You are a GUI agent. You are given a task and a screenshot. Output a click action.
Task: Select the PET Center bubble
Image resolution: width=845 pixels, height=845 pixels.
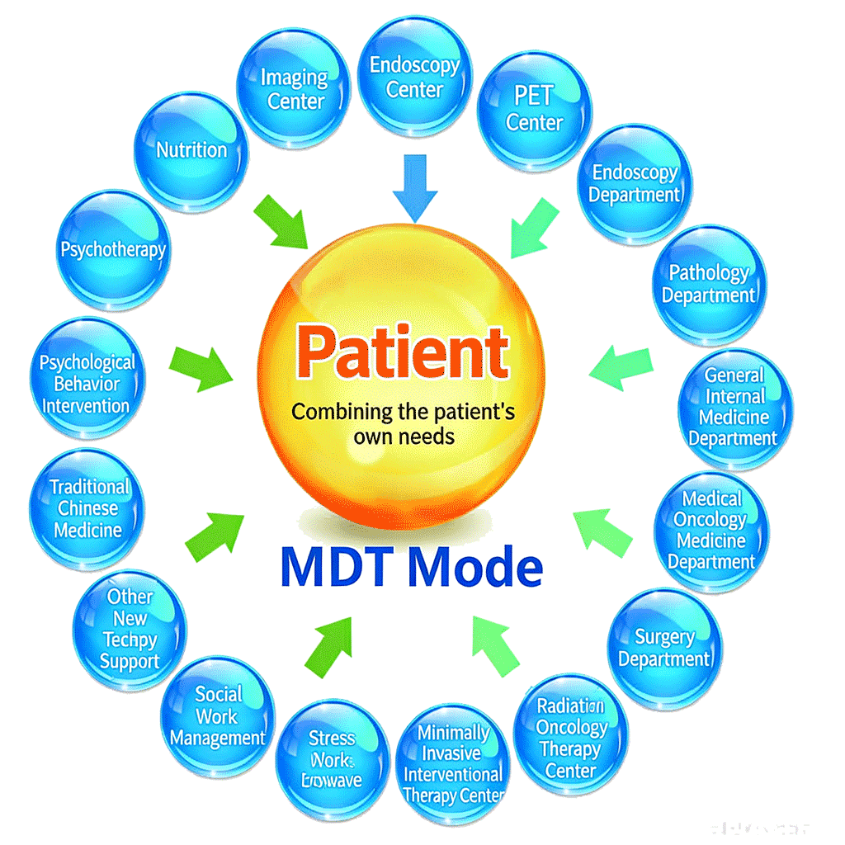[534, 109]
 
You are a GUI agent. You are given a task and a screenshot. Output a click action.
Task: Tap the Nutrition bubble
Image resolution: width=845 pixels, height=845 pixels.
[191, 150]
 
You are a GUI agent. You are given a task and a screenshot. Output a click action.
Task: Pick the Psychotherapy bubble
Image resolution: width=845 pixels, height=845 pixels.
[113, 249]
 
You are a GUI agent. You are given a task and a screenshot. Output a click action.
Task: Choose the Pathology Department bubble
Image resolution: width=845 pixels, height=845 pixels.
[709, 284]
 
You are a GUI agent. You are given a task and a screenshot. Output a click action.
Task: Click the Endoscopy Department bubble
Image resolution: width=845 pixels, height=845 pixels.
[635, 184]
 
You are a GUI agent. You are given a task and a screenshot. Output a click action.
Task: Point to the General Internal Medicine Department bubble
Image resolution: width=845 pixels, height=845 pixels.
[734, 407]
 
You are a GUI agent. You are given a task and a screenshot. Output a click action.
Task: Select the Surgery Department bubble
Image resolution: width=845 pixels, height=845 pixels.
[664, 648]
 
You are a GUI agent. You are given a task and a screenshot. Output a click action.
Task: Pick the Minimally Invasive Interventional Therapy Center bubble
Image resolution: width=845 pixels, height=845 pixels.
[452, 763]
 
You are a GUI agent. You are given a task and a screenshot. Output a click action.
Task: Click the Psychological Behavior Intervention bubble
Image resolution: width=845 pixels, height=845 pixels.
[87, 384]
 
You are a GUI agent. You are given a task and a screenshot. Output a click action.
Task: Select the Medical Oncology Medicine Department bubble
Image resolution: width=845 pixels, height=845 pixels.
[710, 530]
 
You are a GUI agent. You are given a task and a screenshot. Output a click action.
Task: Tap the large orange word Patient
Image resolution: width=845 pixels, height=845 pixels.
[403, 352]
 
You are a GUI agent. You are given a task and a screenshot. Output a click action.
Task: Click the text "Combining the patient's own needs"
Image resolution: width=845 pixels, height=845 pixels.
[403, 422]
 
